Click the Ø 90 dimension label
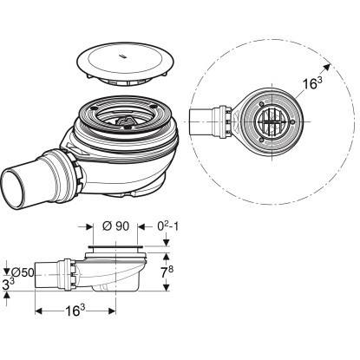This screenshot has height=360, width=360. [x=115, y=226]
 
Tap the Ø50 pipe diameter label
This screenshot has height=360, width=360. [x=23, y=272]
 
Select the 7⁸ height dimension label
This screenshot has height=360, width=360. [x=167, y=272]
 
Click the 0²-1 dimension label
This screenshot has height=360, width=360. [x=168, y=226]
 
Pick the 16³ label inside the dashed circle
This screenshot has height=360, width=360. [x=312, y=83]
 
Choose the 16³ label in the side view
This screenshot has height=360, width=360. [x=75, y=311]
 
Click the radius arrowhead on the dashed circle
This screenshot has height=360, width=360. [x=326, y=68]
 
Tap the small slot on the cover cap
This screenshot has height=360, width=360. [x=122, y=56]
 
